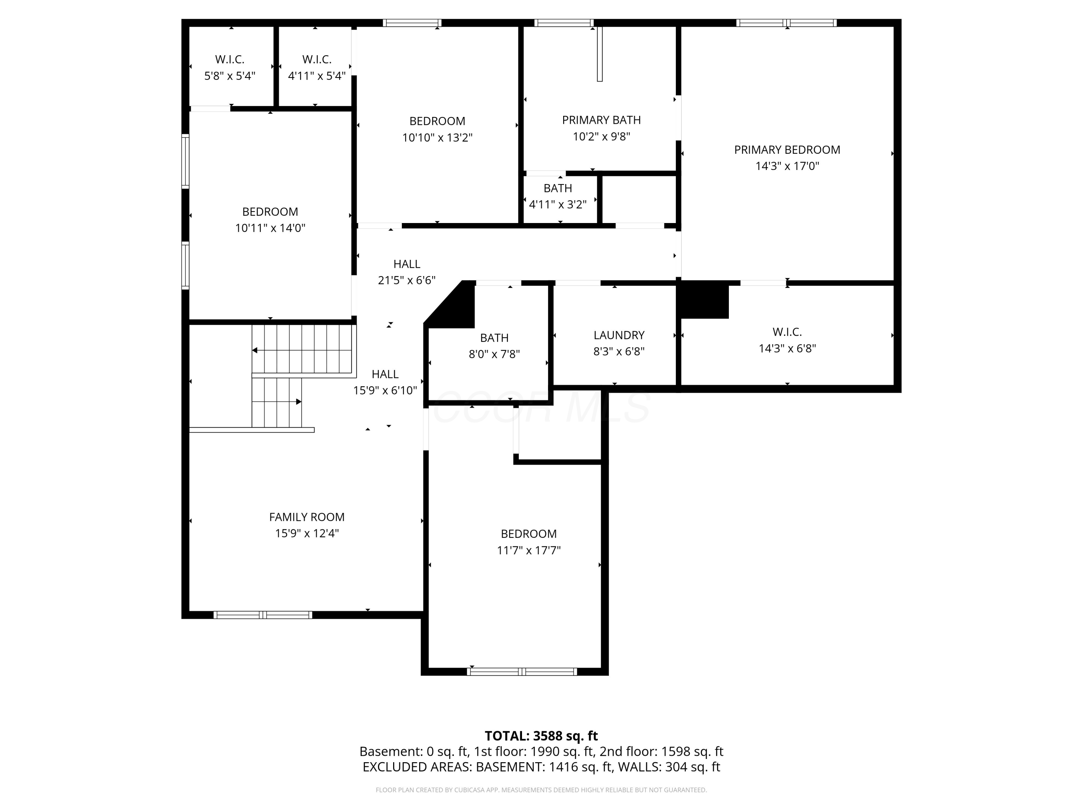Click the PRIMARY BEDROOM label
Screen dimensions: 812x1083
pos(787,150)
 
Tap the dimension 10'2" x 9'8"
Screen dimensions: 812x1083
pos(601,136)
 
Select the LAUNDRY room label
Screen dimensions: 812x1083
pos(619,335)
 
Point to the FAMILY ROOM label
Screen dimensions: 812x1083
pos(306,517)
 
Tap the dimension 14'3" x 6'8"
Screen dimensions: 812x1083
pos(787,349)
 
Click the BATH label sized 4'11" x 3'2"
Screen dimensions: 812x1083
pos(558,188)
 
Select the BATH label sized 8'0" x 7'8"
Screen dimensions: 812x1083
pos(494,338)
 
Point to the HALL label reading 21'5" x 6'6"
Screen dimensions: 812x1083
pos(406,264)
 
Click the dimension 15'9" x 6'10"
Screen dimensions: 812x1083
pos(385,390)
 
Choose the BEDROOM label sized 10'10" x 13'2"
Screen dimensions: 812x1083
pos(437,121)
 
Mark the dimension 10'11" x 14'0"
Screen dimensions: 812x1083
pos(270,228)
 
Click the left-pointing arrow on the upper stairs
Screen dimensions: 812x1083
pos(255,350)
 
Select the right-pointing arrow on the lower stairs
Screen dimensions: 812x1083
pos(298,402)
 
